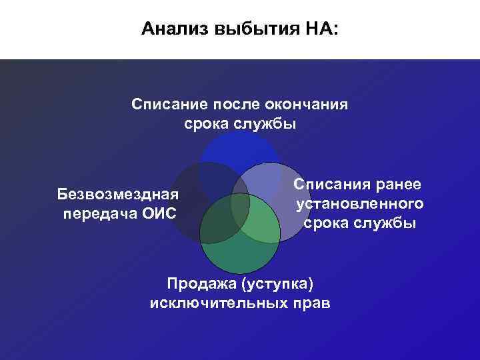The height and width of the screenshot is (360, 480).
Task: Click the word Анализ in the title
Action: point(172,29)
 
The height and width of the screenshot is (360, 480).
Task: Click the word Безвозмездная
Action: point(118,195)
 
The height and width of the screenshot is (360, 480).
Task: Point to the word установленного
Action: point(360,203)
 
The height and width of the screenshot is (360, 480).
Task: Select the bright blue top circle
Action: point(240,150)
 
